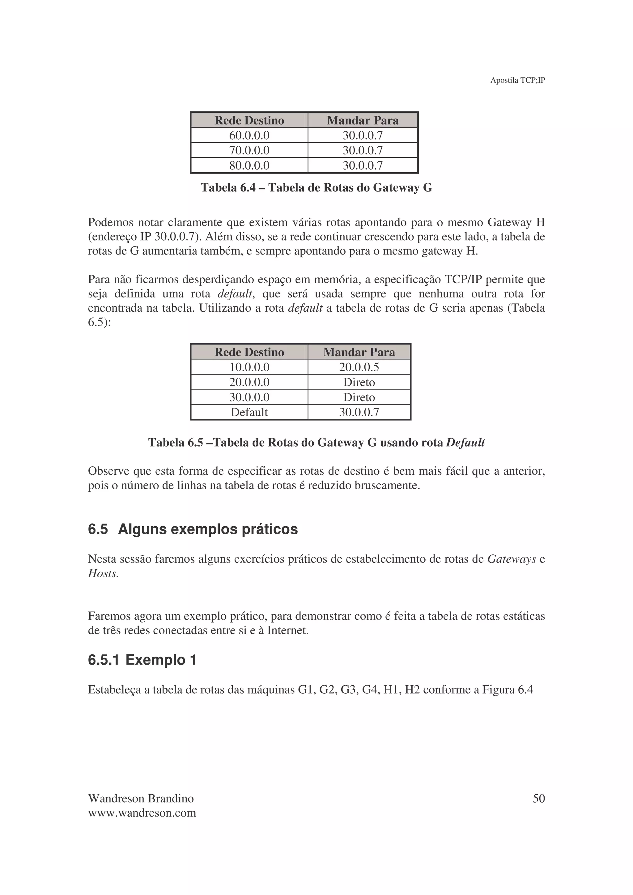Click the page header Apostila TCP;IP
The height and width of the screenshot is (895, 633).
tap(517, 80)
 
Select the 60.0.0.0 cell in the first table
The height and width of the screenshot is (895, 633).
tap(249, 135)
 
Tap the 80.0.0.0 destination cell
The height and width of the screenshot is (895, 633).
tap(249, 165)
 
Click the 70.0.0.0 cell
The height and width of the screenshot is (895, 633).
tap(249, 150)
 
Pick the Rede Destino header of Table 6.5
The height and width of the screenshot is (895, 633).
tap(249, 352)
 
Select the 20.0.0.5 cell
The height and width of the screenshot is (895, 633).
tap(359, 367)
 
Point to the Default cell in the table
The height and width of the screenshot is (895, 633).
tap(249, 412)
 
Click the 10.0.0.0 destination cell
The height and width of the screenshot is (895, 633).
tap(249, 367)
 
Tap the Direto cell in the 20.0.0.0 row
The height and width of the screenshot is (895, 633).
tap(359, 382)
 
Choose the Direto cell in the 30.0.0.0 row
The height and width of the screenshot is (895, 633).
tap(359, 397)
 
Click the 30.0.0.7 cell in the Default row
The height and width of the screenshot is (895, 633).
tap(359, 412)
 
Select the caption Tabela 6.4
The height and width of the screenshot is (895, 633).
tap(316, 188)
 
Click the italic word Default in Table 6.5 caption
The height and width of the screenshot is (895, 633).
tap(465, 443)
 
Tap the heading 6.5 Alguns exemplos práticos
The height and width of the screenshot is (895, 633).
tap(193, 529)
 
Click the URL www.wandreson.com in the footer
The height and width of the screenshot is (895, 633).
tap(142, 813)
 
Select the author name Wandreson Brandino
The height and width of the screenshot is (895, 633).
tap(141, 799)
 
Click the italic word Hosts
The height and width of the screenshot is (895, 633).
tap(103, 574)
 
